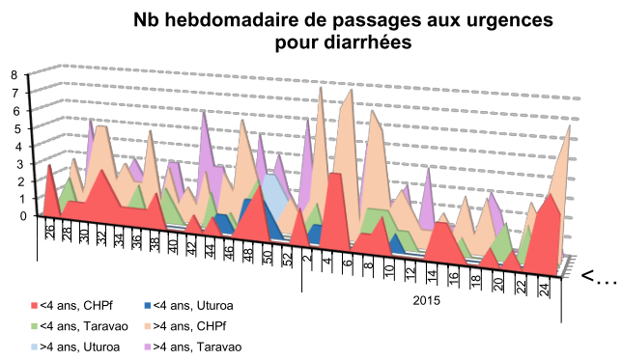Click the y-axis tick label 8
click(x=14, y=74)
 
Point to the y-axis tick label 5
click(x=14, y=127)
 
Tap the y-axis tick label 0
click(x=14, y=216)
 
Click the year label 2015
click(x=427, y=300)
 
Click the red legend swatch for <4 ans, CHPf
click(x=36, y=306)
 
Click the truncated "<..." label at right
click(x=598, y=278)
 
